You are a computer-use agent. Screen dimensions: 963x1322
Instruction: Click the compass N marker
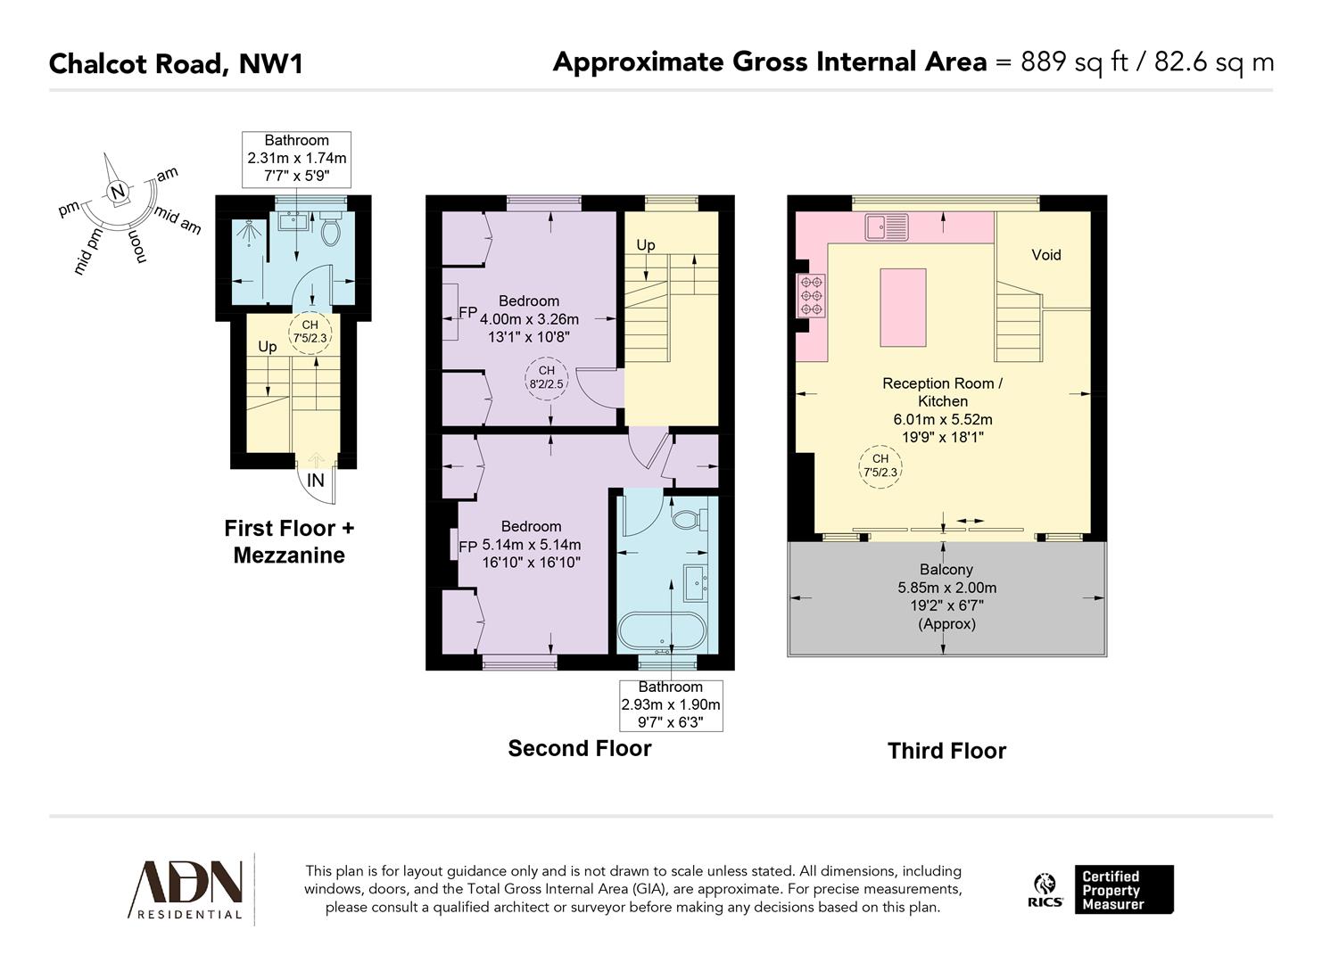[117, 192]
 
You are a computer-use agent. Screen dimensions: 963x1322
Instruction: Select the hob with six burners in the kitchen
[812, 294]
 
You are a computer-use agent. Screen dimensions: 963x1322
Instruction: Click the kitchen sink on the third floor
[885, 226]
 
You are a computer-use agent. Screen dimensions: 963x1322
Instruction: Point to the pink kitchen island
[903, 308]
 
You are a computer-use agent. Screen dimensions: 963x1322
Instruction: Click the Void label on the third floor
[1045, 255]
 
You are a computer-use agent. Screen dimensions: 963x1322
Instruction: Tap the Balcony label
[946, 570]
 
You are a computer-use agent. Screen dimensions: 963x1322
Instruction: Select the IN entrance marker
[315, 481]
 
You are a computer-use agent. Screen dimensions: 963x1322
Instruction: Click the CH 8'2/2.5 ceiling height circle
[546, 377]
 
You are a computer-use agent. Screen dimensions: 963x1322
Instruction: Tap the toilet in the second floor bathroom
[689, 518]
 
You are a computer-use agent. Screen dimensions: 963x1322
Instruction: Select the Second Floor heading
[579, 749]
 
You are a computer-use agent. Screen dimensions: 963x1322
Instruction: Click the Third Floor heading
[946, 751]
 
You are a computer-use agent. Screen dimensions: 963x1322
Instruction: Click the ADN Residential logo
[187, 889]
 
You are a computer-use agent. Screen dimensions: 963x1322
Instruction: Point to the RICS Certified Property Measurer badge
[1103, 890]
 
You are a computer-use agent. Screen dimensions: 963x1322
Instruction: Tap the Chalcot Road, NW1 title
[176, 64]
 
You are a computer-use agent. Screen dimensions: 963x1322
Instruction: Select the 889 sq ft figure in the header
[1073, 62]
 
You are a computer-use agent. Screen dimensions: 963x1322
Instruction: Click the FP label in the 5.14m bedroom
[467, 547]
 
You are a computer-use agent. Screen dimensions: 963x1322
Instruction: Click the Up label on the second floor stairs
[645, 245]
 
